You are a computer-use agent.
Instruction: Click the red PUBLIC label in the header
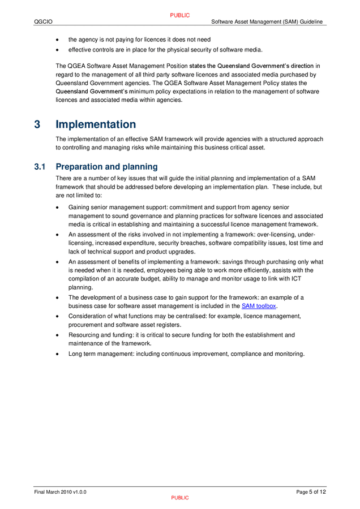(180, 15)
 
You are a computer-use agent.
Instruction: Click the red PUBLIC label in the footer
(180, 498)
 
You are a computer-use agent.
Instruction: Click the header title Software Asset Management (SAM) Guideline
(267, 22)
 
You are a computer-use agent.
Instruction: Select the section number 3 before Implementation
(37, 124)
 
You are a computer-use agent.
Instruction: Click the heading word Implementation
(96, 124)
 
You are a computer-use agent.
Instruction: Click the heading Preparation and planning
(106, 167)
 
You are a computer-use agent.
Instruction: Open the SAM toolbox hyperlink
(259, 306)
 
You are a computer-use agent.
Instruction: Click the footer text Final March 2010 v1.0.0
(61, 492)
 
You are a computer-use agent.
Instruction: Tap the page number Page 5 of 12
(311, 492)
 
